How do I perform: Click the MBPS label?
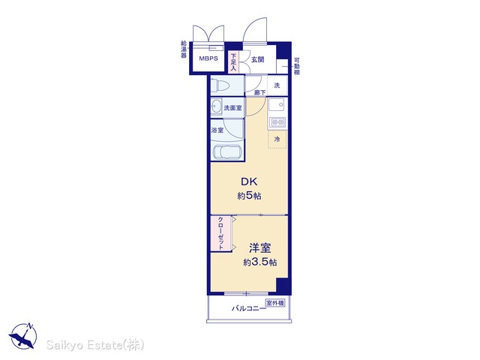[x=208, y=58]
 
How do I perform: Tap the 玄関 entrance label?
[x=257, y=60]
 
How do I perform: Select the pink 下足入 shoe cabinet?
[x=233, y=62]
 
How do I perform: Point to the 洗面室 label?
[x=232, y=108]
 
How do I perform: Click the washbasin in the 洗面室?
[x=217, y=107]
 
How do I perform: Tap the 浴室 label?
[x=217, y=130]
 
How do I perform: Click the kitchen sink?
[x=277, y=106]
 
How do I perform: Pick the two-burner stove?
[x=277, y=122]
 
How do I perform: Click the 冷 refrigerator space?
[x=277, y=139]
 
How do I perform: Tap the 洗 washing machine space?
[x=277, y=85]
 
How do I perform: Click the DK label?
[x=249, y=181]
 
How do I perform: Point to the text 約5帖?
[x=249, y=196]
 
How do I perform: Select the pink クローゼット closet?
[x=221, y=233]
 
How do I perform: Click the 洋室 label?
[x=260, y=248]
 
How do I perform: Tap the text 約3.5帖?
[x=260, y=262]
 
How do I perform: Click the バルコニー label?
[x=249, y=308]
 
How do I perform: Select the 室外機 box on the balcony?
[x=275, y=303]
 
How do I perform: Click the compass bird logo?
[x=23, y=336]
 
